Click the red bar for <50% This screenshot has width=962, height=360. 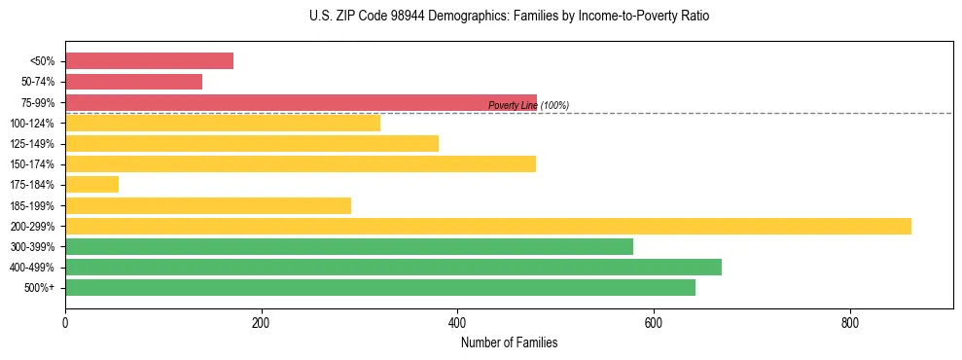(149, 61)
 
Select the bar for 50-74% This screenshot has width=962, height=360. (133, 82)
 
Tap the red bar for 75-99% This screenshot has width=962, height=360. (301, 102)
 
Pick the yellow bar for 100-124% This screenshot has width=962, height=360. (223, 123)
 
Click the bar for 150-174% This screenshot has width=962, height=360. (301, 163)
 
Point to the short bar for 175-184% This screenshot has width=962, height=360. (91, 184)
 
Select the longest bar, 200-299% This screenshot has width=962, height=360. (488, 226)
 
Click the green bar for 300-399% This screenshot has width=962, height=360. (349, 246)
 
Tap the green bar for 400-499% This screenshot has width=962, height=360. (393, 267)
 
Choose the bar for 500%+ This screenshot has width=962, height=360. (380, 287)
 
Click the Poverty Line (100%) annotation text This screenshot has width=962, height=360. (528, 105)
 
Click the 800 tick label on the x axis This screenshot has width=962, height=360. (849, 323)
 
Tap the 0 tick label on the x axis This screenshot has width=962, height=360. (65, 323)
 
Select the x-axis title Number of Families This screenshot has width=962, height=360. (509, 342)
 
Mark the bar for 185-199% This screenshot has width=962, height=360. (208, 205)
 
